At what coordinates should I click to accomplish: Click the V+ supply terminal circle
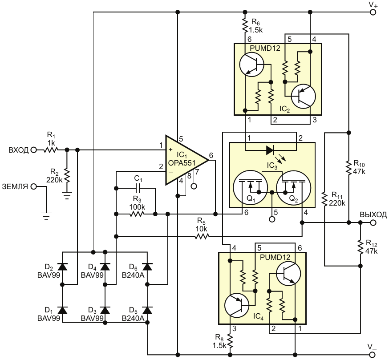click(x=373, y=12)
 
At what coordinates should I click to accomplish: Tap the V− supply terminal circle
click(x=373, y=354)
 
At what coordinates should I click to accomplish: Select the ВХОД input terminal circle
click(x=33, y=150)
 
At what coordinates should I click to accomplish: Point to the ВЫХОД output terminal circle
click(x=373, y=222)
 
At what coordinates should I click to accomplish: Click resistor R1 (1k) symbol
click(x=51, y=150)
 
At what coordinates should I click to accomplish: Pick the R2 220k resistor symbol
click(x=67, y=176)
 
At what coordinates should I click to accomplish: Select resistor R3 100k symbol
click(x=137, y=214)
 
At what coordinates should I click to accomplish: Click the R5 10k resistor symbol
click(x=202, y=236)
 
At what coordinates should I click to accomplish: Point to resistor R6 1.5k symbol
click(x=245, y=25)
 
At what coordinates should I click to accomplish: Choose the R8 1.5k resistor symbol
click(x=230, y=341)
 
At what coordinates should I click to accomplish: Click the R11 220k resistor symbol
click(x=324, y=199)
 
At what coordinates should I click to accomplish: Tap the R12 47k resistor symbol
click(x=360, y=246)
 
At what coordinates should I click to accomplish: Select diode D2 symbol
click(x=62, y=267)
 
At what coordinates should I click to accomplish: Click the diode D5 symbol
click(x=147, y=310)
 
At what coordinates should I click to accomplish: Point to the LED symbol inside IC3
click(x=270, y=150)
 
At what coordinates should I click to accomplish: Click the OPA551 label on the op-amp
click(x=182, y=163)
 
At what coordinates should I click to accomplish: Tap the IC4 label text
click(x=258, y=316)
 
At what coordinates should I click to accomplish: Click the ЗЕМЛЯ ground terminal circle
click(x=33, y=186)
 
